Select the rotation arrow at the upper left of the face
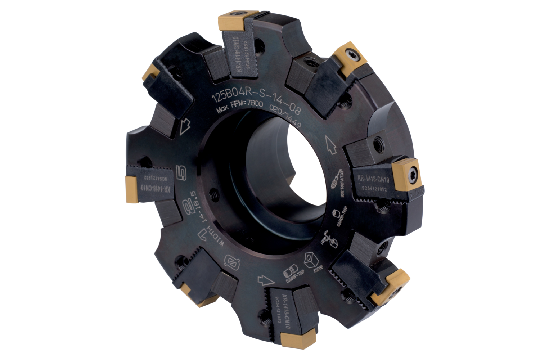click(x=185, y=126)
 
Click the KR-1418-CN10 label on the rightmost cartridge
click(x=373, y=179)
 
